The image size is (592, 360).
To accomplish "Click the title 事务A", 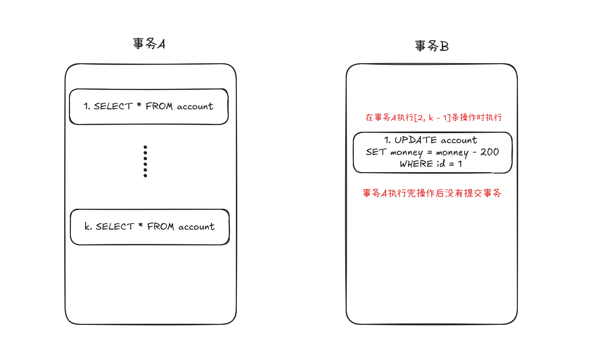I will pyautogui.click(x=149, y=44).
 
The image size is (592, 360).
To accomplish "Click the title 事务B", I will pyautogui.click(x=432, y=46).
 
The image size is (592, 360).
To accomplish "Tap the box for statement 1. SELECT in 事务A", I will pyautogui.click(x=149, y=107).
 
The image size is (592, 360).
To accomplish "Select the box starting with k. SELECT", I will pyautogui.click(x=150, y=227).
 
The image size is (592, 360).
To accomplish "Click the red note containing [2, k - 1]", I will pyautogui.click(x=434, y=117).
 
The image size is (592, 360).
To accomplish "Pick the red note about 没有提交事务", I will pyautogui.click(x=432, y=194).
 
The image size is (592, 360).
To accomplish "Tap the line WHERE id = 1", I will pyautogui.click(x=431, y=164).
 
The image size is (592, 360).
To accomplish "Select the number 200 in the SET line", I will pyautogui.click(x=489, y=152).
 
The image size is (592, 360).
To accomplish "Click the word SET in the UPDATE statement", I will pyautogui.click(x=376, y=152).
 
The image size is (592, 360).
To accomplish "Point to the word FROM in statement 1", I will pyautogui.click(x=159, y=107).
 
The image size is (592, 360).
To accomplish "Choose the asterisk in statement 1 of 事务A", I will pyautogui.click(x=139, y=106).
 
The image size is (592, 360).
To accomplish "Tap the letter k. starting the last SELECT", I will pyautogui.click(x=88, y=227).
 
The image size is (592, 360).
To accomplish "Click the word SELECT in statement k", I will pyautogui.click(x=115, y=227).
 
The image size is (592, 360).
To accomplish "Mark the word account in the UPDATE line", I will pyautogui.click(x=459, y=140).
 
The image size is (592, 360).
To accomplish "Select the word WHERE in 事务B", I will pyautogui.click(x=416, y=164).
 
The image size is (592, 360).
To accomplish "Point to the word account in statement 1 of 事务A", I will pyautogui.click(x=195, y=107).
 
